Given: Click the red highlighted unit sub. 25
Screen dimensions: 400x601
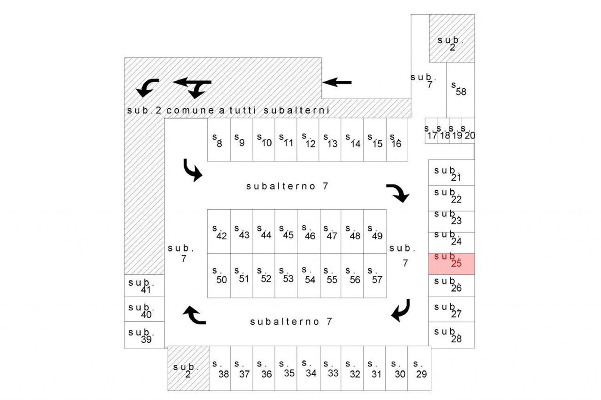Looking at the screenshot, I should [452, 264].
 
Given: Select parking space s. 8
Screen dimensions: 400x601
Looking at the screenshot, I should [219, 140].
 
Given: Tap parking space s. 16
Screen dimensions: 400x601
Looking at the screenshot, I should [397, 140].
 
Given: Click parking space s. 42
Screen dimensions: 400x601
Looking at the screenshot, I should [219, 232].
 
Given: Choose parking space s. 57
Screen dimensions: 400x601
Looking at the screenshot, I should [375, 276].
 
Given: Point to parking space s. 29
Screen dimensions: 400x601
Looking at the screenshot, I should [419, 369].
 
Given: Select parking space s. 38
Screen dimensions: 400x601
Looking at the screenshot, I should [220, 369].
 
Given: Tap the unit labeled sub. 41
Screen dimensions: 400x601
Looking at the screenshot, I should [144, 286].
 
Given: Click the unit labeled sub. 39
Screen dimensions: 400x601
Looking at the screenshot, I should [144, 335].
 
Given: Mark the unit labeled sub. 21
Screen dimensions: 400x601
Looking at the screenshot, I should [452, 173].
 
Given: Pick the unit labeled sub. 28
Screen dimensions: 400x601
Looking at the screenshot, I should [452, 335].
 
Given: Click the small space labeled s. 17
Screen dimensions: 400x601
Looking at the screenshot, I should [431, 131].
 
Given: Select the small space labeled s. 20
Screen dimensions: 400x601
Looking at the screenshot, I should [468, 131].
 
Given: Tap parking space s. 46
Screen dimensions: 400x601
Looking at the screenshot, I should [309, 232].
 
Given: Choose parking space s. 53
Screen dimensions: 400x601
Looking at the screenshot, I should [286, 276].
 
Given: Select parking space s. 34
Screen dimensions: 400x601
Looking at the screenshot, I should [309, 369].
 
